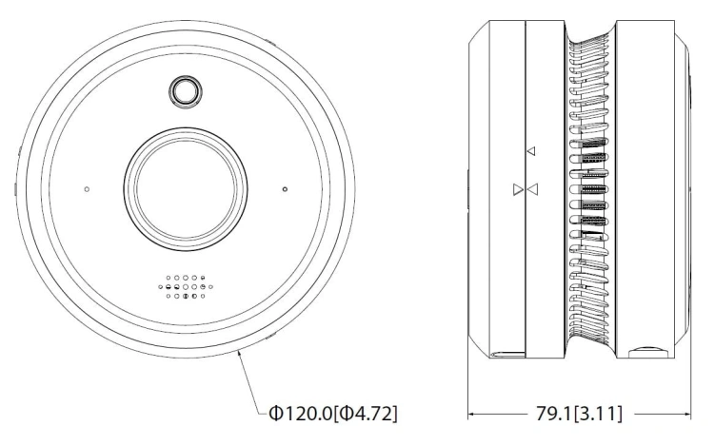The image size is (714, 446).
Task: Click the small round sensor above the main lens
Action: click(x=186, y=91)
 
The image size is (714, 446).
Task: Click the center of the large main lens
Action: click(x=187, y=188)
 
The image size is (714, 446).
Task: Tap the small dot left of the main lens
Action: click(x=87, y=189)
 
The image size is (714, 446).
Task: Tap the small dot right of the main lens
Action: click(x=285, y=189)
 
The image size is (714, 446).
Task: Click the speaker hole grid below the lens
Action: click(x=186, y=287)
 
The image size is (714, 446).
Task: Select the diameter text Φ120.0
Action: click(x=301, y=414)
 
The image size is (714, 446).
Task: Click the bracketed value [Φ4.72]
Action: click(x=367, y=414)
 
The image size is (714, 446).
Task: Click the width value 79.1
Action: click(x=554, y=414)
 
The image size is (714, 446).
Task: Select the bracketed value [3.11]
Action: click(x=598, y=414)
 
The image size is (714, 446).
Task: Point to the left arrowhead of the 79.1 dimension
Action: click(x=472, y=414)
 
